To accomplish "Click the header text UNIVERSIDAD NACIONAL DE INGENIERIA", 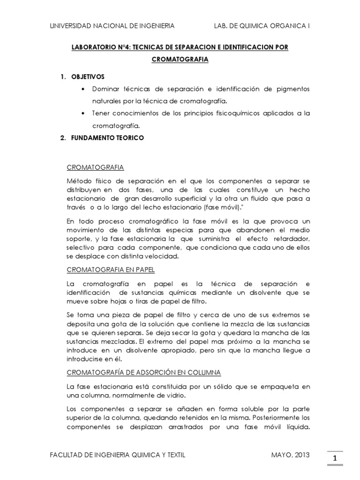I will point(112,26).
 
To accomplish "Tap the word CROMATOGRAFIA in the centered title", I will point(180,60).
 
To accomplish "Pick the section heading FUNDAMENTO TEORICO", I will point(107,138).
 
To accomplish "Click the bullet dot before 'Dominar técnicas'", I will point(83,89).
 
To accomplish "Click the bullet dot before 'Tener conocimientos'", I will point(83,114).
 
